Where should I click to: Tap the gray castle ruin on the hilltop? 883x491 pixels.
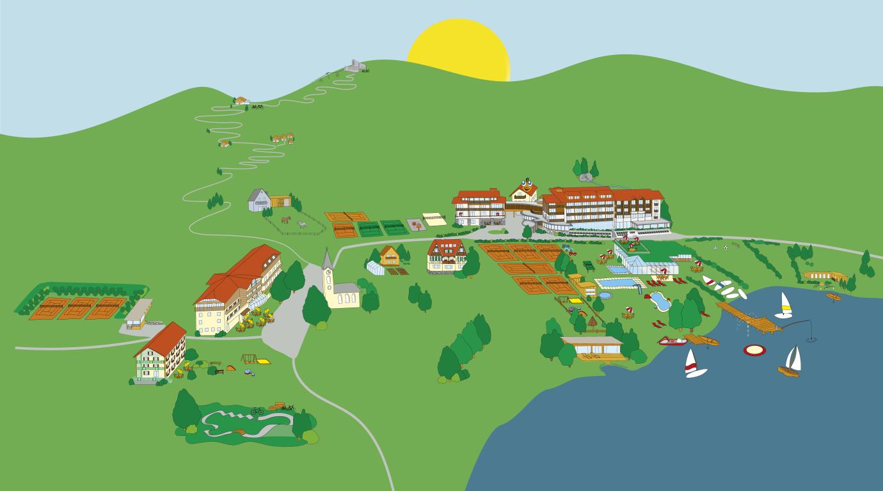coord(353,65)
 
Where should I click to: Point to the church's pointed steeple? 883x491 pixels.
coord(327,260)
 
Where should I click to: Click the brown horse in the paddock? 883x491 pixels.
coord(286,220)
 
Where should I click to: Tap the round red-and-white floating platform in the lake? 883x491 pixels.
coord(754,350)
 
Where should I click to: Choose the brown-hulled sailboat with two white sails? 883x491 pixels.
coord(791,362)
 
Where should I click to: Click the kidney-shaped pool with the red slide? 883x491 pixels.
coord(658,300)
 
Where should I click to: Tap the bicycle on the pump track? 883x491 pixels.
coord(257,411)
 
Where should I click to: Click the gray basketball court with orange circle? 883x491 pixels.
coord(415,224)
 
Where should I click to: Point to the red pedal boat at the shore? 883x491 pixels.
coord(672,341)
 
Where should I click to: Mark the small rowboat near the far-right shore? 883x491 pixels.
coord(833,297)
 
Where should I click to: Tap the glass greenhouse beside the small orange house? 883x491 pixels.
coord(375,267)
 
